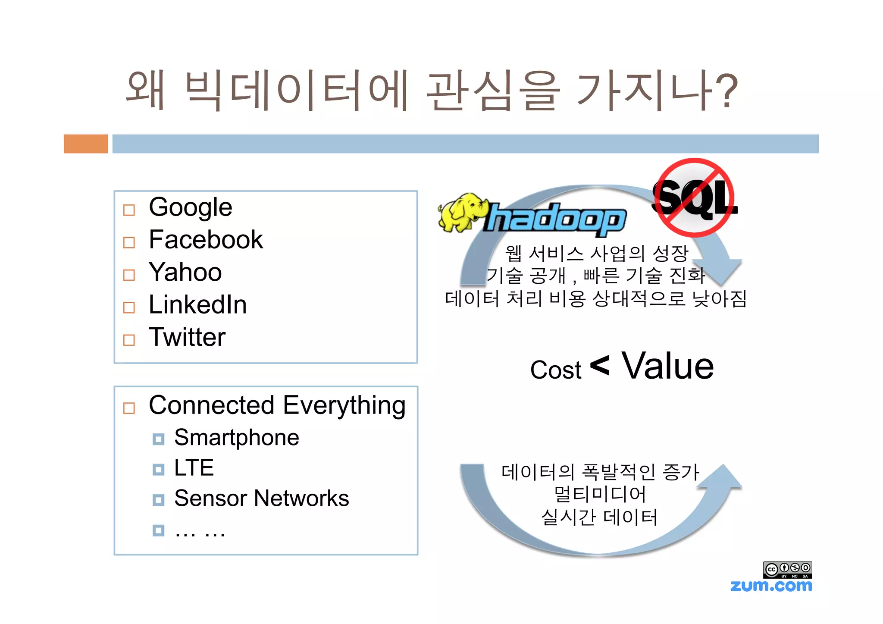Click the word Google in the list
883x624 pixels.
point(190,207)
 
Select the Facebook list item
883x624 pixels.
point(206,240)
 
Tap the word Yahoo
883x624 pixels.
point(185,272)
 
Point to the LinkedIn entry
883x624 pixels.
point(197,304)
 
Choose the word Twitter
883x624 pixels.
point(187,337)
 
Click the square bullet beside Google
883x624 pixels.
point(129,210)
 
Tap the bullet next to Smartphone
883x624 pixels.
point(158,439)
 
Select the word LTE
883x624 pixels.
point(194,467)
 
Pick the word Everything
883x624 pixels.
point(344,405)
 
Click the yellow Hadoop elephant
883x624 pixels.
point(460,212)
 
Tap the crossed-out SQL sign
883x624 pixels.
point(695,198)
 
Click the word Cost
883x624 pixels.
point(555,370)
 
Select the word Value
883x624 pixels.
point(667,366)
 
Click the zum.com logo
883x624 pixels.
point(771,585)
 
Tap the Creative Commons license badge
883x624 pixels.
point(787,570)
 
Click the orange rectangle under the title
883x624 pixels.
point(86,144)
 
